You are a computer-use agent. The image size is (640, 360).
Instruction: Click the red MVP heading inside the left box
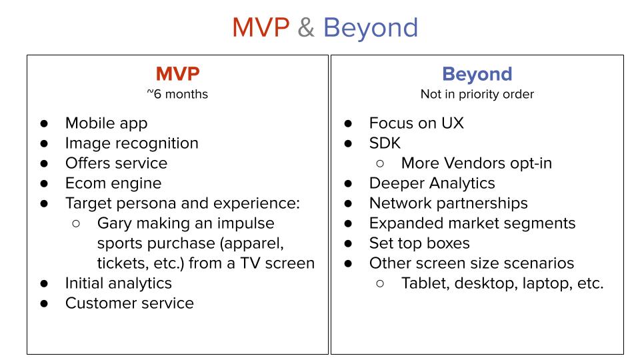(x=177, y=74)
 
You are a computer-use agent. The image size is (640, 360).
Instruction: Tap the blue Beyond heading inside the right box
(x=477, y=74)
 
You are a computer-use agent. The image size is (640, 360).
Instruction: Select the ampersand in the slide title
(x=306, y=28)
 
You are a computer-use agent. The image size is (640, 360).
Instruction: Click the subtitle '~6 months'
(x=177, y=94)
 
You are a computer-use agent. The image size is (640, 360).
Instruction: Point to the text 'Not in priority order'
(x=477, y=94)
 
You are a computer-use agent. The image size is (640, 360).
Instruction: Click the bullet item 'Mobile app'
(x=106, y=123)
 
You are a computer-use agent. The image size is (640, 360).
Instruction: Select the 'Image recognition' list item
(x=132, y=143)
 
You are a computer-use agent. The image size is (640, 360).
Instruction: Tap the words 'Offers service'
(x=116, y=163)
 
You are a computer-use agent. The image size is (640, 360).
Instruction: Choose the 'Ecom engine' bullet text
(x=113, y=183)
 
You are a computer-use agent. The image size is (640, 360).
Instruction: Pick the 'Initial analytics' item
(x=119, y=283)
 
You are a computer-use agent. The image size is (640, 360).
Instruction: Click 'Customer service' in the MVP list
(x=129, y=303)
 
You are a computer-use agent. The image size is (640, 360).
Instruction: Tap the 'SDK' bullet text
(x=385, y=143)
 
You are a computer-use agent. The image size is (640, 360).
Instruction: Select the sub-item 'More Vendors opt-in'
(x=477, y=163)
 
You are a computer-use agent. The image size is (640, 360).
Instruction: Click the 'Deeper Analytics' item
(x=432, y=183)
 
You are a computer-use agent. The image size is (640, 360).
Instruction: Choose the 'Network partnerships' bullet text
(x=449, y=203)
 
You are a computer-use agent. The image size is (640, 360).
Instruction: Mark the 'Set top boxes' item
(x=419, y=243)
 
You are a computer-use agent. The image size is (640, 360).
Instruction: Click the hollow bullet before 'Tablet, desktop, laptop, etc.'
(x=380, y=284)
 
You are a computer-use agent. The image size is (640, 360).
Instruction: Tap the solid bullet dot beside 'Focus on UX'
(x=348, y=123)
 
